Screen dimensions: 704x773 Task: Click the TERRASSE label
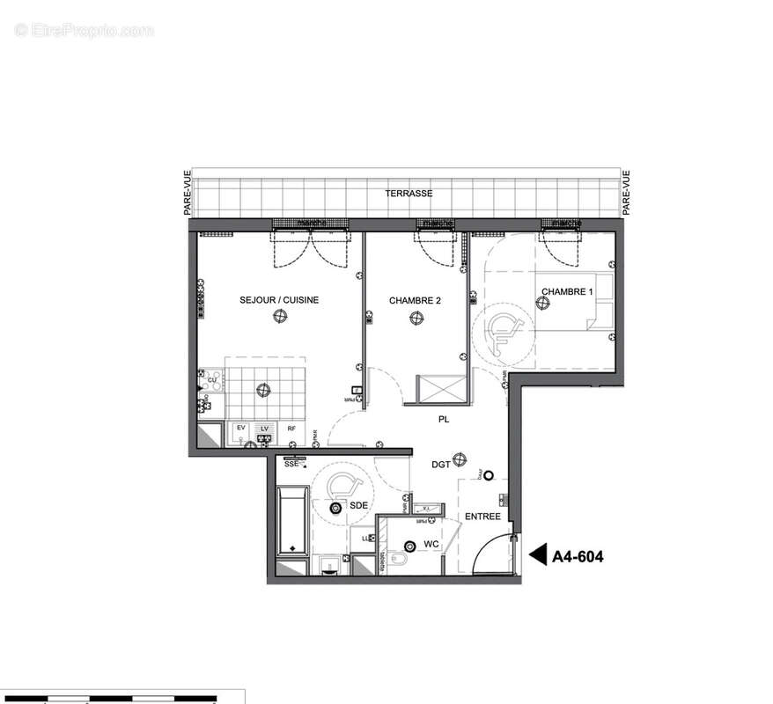point(408,193)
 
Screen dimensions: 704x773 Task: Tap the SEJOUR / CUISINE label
point(279,300)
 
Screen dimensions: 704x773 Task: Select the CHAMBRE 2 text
point(415,300)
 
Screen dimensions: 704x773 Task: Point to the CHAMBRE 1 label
point(567,291)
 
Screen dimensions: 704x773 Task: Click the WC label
point(431,545)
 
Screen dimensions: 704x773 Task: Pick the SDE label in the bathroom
point(359,506)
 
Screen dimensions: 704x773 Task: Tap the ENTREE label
point(483,517)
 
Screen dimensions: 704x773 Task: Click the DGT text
point(442,464)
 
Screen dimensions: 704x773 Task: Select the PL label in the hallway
point(444,421)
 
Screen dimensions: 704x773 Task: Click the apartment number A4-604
point(578,556)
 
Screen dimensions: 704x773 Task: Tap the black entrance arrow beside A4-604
point(536,556)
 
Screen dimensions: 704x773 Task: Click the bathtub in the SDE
point(291,521)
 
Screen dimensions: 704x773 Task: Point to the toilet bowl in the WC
point(396,560)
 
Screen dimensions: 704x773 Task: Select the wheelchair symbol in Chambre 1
point(504,331)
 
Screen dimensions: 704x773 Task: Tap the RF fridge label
point(291,429)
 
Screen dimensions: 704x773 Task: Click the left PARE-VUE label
point(187,193)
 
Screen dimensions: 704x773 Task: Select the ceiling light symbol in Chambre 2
point(416,319)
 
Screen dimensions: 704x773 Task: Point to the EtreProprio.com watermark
point(85,30)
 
